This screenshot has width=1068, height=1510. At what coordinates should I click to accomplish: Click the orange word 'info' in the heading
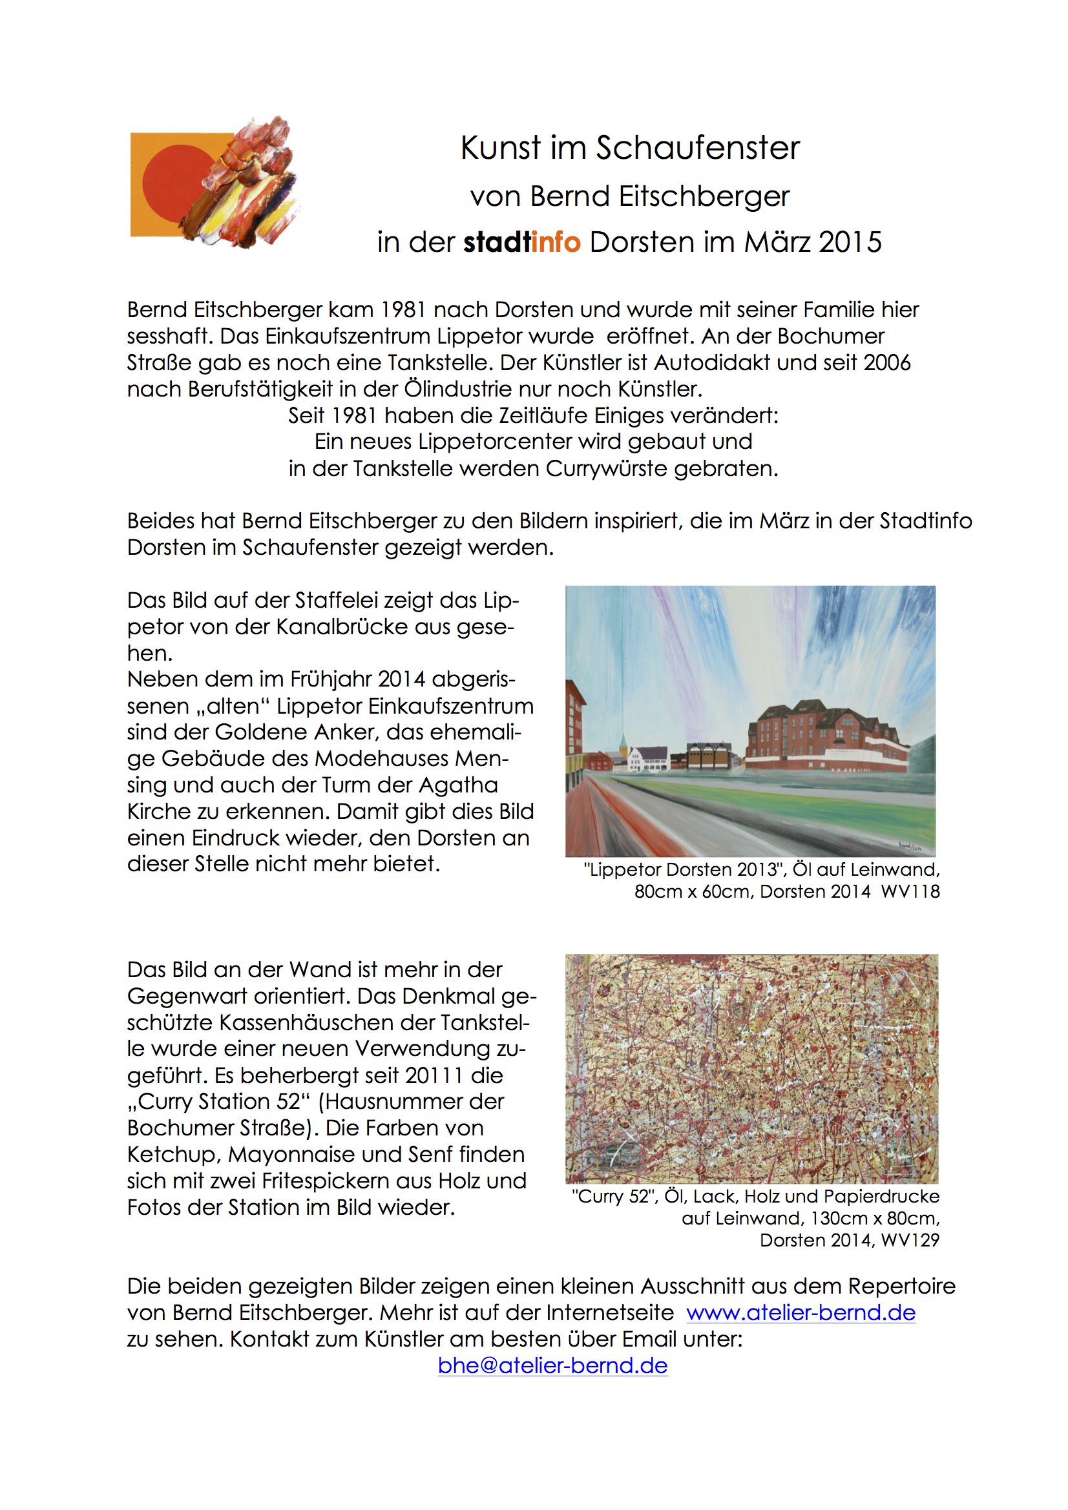pos(556,242)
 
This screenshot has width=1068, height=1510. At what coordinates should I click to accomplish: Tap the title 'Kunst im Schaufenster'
pos(630,147)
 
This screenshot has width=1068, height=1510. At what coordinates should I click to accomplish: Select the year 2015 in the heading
pos(850,242)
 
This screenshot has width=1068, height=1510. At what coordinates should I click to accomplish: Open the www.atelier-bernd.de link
pos(800,1313)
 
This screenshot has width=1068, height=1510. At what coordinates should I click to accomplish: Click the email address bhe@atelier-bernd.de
pos(553,1365)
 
